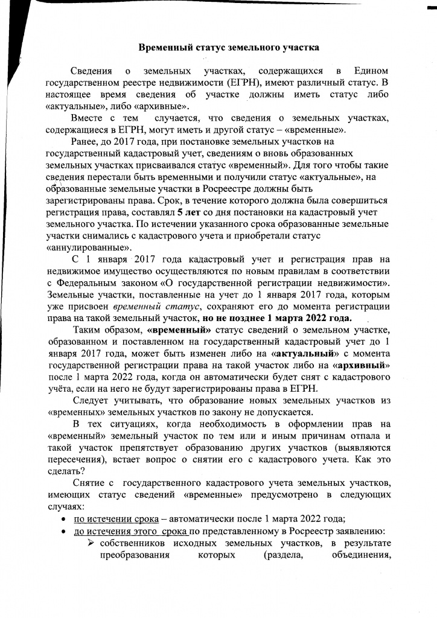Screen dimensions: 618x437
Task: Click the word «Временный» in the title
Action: click(x=162, y=47)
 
